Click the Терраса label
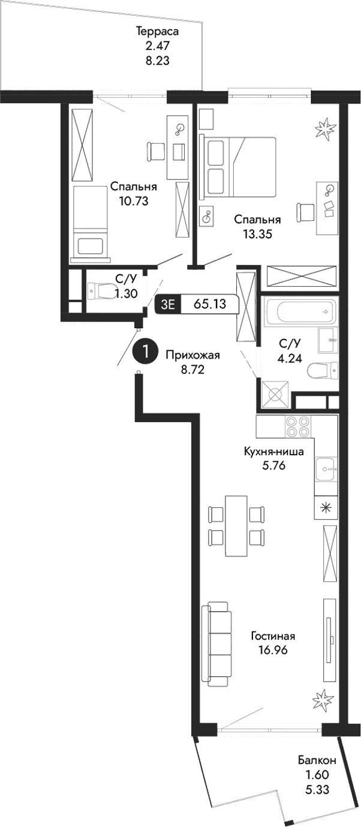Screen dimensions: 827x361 (158, 31)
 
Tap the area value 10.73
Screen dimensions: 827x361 (133, 200)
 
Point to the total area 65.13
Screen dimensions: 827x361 (210, 304)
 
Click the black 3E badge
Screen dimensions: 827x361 (167, 304)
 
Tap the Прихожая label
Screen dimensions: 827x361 (193, 355)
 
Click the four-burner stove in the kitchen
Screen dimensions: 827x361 (297, 426)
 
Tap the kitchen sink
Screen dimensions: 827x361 (326, 466)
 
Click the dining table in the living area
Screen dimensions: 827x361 (236, 526)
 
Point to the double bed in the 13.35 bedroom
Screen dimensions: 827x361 (240, 167)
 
